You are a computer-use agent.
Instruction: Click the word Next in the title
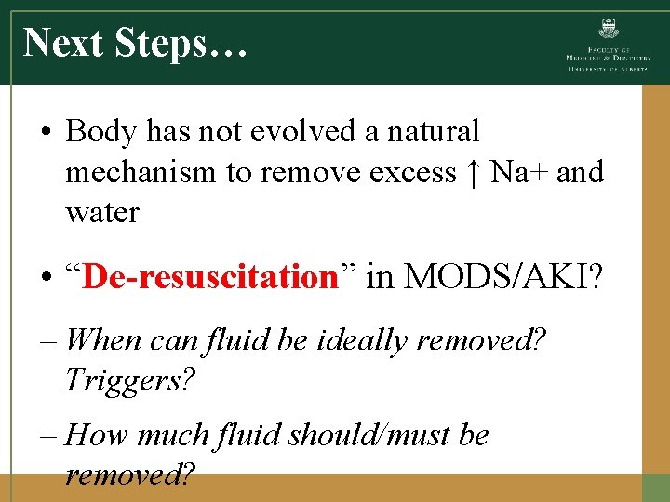63,43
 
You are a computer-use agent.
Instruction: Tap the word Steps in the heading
178,43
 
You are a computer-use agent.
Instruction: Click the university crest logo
610,29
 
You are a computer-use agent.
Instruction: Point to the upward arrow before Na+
474,173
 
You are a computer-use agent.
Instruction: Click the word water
102,212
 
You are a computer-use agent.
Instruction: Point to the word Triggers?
131,380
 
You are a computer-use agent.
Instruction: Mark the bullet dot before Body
46,133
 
